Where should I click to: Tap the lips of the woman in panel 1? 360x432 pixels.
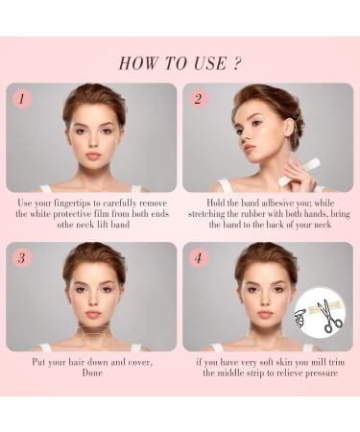(x=93, y=156)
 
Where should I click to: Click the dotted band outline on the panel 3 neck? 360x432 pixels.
(x=94, y=330)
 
